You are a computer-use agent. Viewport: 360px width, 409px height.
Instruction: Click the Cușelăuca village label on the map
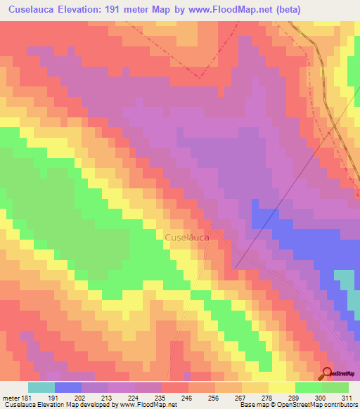tap(186, 238)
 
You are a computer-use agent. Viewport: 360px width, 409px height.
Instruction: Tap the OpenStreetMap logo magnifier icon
tap(328, 374)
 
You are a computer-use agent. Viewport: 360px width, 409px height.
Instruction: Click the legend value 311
tap(349, 397)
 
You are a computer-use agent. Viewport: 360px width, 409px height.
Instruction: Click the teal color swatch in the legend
tap(41, 387)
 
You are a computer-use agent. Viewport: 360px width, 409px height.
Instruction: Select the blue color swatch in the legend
tap(67, 387)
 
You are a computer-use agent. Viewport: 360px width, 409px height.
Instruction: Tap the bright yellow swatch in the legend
tap(282, 387)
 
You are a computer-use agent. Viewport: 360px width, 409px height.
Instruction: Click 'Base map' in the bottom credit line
tap(253, 405)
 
